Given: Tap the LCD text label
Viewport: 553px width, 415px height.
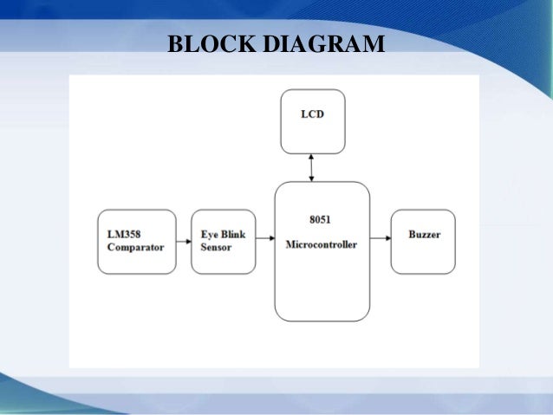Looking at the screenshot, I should point(313,114).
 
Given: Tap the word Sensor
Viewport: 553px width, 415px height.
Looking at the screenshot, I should point(218,247).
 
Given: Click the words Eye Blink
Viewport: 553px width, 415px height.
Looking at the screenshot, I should point(223,234).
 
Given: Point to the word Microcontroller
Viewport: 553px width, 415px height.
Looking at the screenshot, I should point(322,244).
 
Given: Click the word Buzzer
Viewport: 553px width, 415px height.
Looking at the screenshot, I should point(423,236).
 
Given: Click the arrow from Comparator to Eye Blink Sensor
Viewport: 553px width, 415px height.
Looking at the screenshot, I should point(183,241).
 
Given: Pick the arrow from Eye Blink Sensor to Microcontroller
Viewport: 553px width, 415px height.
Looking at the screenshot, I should point(265,241).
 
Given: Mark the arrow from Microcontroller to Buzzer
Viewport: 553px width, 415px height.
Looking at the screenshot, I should point(380,237).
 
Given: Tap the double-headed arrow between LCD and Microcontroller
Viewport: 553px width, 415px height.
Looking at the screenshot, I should point(312,165).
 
